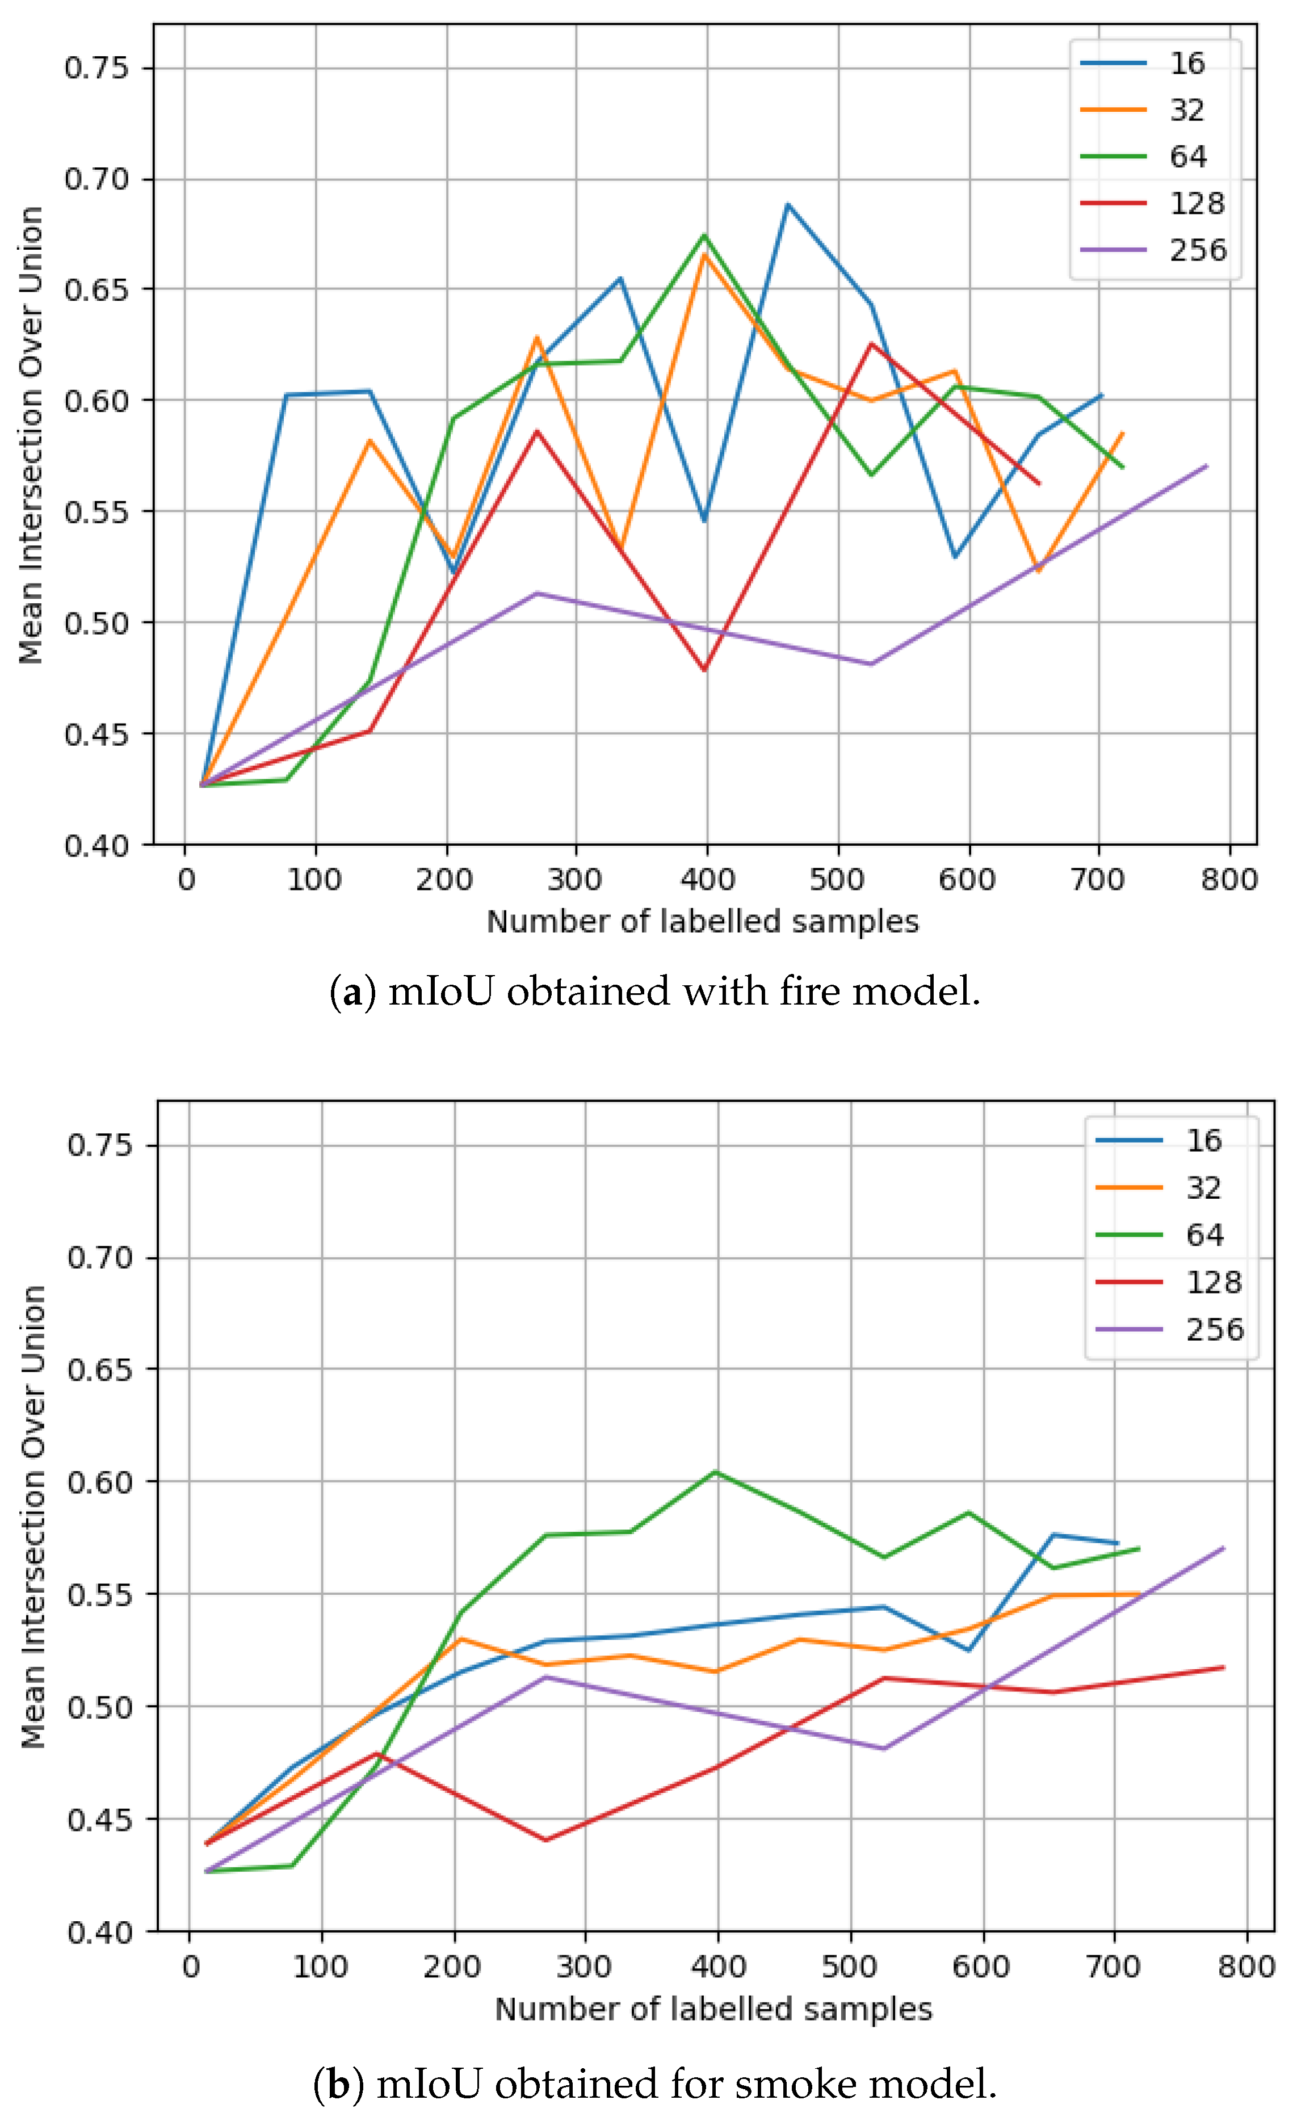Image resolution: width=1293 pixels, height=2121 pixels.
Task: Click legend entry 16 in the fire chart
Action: point(1186,63)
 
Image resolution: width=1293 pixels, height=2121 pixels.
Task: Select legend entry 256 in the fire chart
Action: point(1197,250)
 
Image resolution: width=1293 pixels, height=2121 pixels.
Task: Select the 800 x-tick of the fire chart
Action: point(1230,880)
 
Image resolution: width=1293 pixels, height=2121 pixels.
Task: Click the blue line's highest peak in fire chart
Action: point(787,204)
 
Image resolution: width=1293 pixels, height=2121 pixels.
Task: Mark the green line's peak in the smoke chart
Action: point(716,1471)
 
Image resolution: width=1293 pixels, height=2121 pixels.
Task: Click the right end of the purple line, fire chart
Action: point(1207,466)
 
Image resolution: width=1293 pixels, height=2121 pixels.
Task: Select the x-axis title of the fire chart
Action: point(703,921)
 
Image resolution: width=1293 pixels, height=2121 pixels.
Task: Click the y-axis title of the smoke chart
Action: point(33,1517)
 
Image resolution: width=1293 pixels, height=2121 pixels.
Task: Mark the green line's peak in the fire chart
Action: point(705,234)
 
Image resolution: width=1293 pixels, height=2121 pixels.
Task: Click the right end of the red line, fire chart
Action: point(1040,484)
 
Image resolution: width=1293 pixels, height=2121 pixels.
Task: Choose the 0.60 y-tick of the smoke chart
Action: point(100,1481)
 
